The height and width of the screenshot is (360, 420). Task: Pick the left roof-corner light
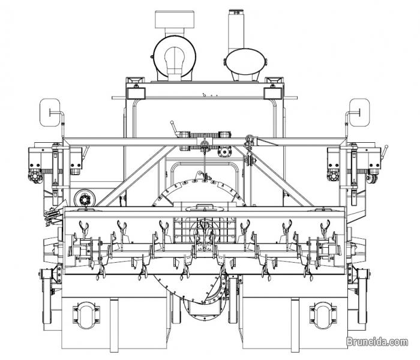point(133,81)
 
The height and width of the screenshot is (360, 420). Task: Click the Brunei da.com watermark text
point(380,343)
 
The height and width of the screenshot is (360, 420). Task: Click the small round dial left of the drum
point(84,199)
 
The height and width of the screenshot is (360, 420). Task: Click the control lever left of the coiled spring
point(174,133)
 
